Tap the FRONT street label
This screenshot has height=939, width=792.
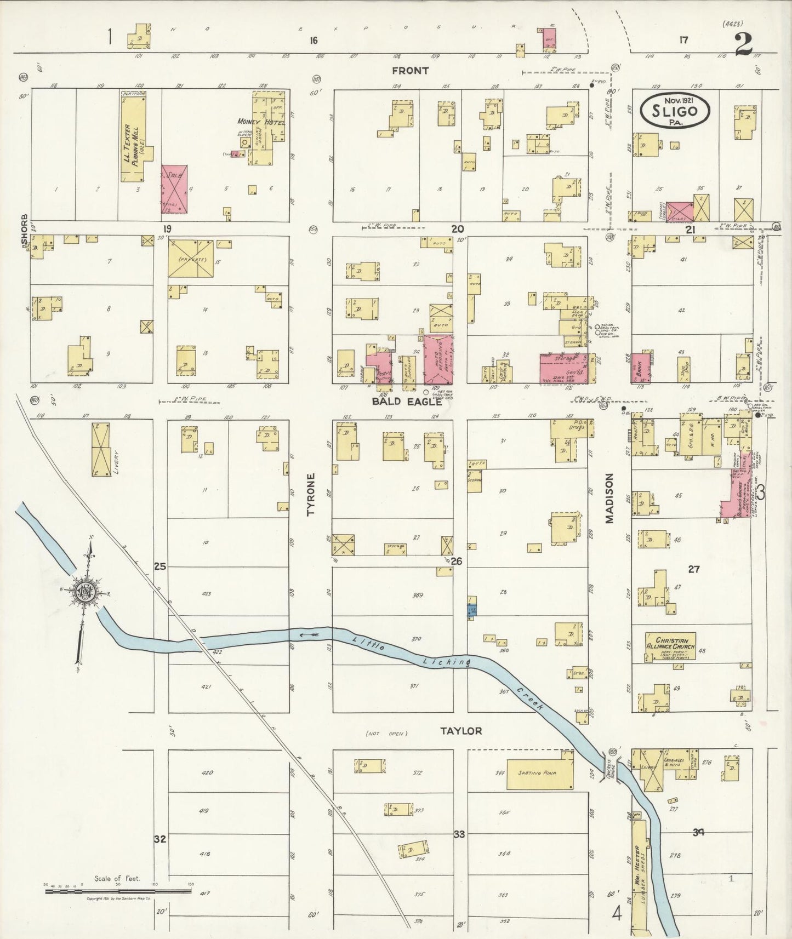click(411, 71)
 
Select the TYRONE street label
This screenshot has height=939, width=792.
click(311, 495)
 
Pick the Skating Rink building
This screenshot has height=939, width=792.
click(540, 774)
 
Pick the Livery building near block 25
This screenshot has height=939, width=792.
click(102, 449)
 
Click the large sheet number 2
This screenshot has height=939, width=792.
click(743, 44)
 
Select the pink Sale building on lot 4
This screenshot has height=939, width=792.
click(175, 189)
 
